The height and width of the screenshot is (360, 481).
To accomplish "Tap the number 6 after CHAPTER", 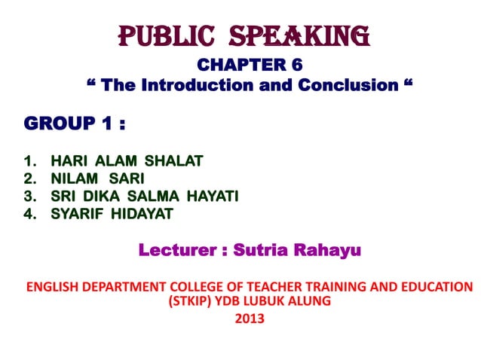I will point(297,66).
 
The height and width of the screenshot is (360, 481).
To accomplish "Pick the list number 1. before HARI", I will point(31,160).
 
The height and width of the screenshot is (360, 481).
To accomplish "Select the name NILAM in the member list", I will point(74,178).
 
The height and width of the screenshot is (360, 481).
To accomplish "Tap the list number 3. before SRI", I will point(31,197).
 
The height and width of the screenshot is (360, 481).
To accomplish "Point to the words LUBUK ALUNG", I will point(290,301).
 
